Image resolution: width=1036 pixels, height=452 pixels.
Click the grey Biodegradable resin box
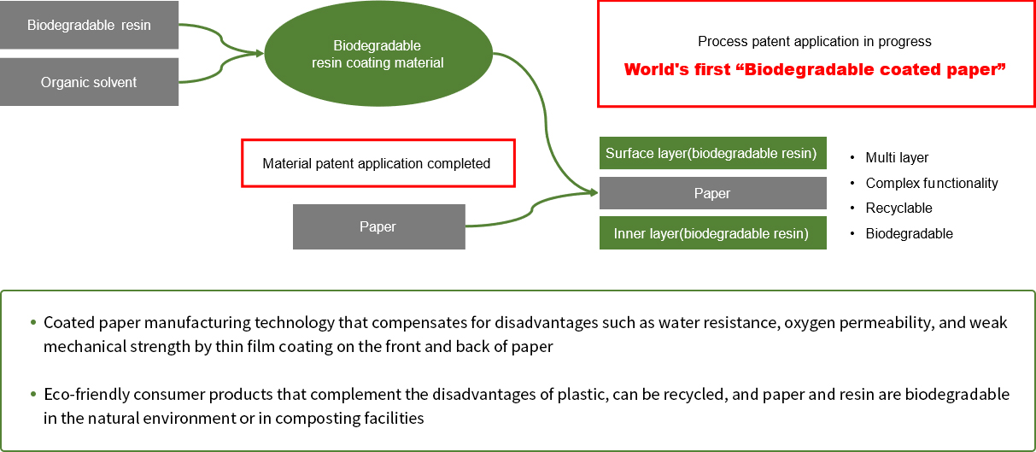tap(90, 25)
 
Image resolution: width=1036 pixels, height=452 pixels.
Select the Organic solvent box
tap(90, 82)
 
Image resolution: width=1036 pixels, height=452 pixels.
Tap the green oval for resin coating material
tap(378, 54)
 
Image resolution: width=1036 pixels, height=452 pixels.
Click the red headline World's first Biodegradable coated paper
tap(815, 69)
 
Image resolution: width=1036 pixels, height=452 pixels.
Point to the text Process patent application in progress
tap(815, 41)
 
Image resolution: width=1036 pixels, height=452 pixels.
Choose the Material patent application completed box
tap(378, 163)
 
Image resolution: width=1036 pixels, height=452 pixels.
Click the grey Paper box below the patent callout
tap(379, 226)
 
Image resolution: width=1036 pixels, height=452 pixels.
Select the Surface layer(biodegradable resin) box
tap(712, 153)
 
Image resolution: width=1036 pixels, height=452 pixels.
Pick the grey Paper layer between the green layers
tap(712, 193)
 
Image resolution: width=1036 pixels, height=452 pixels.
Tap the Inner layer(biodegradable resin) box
tap(712, 233)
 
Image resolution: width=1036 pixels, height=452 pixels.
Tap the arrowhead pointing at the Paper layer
tap(594, 192)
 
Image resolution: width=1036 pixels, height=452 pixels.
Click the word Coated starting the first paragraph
tap(69, 322)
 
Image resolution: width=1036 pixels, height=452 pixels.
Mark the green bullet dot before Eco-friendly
tap(33, 394)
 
